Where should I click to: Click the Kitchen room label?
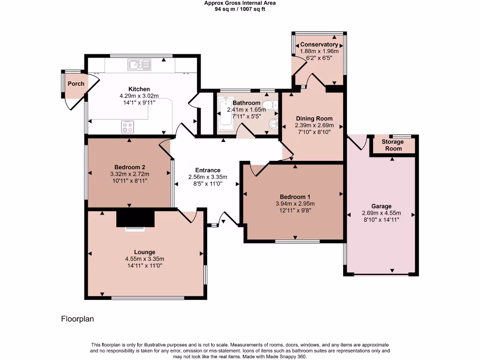tap(139, 89)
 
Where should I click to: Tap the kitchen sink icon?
tap(139, 65)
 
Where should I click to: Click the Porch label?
tap(76, 84)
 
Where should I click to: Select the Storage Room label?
tap(393, 145)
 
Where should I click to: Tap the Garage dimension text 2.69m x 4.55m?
tap(381, 213)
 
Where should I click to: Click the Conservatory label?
tap(319, 45)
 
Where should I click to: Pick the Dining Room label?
tap(314, 119)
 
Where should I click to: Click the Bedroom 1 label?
tap(295, 197)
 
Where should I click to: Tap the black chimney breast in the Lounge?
tap(135, 218)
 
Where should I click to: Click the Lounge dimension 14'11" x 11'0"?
tap(144, 266)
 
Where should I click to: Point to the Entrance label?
tap(208, 170)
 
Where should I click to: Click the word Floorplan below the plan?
tap(78, 319)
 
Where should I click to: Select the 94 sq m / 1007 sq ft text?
tap(240, 9)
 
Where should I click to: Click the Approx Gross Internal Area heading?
tap(240, 3)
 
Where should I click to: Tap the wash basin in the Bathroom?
tap(273, 123)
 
